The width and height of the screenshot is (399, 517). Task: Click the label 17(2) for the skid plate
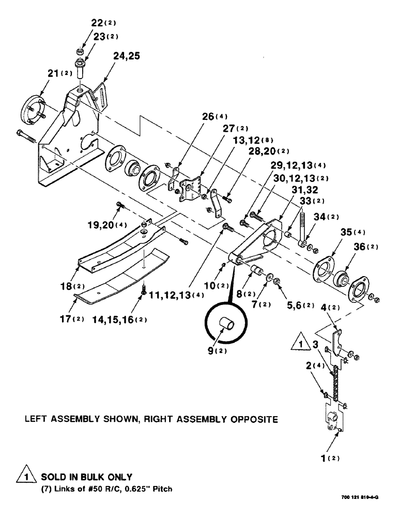tap(72, 318)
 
